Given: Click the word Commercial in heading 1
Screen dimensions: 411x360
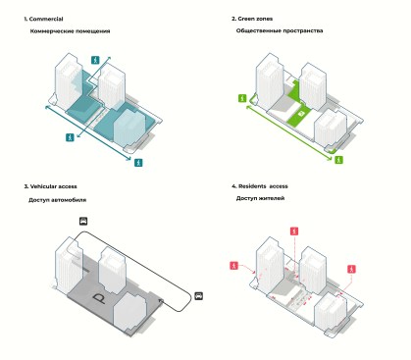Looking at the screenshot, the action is coord(46,19).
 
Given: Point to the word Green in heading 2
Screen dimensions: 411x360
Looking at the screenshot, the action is coord(246,19).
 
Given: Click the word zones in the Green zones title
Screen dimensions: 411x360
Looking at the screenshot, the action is coord(264,19).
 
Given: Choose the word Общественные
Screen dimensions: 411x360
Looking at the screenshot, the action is coord(259,30).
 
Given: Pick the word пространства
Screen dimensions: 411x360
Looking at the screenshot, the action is coord(303,30).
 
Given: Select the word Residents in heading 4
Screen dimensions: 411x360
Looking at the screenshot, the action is coord(252,186).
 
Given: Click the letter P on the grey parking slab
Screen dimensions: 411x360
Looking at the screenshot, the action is coord(99,298).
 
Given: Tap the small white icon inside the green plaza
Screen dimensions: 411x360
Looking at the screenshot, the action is coord(302,113).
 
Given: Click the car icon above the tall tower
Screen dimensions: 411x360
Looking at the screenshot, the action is coord(83,221).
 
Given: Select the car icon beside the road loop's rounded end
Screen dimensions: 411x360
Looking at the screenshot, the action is coord(198,296).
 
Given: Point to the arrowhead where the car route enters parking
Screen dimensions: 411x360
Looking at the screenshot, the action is coord(161,300).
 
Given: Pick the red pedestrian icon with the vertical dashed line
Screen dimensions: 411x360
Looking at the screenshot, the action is coord(294,231).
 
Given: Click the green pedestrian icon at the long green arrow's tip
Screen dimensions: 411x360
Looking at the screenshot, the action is coord(339,160).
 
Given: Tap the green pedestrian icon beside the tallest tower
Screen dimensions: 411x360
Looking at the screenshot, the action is coord(242,98).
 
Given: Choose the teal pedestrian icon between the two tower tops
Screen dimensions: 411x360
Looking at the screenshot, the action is coord(95,60).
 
